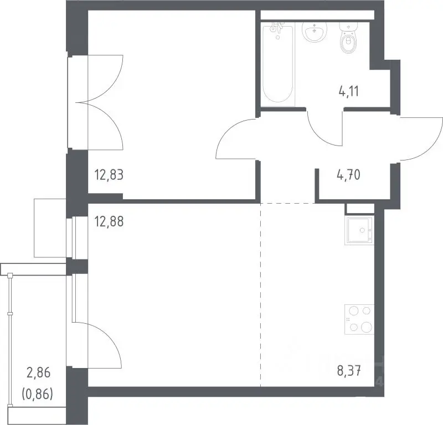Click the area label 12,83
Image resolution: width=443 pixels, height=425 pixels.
[x=109, y=175]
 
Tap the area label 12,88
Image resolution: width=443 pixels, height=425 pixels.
[x=109, y=221]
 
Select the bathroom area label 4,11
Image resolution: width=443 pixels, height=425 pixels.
[x=349, y=91]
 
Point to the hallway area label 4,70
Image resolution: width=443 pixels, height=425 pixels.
[x=349, y=175]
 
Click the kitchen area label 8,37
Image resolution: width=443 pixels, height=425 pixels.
[x=349, y=371]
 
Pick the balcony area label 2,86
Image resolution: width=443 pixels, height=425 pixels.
[x=38, y=373]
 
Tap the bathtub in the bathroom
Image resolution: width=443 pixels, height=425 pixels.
[x=278, y=64]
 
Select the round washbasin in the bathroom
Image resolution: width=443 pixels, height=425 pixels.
[x=315, y=32]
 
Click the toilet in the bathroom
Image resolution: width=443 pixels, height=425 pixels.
[x=348, y=38]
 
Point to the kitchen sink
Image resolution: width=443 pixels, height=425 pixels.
[x=359, y=230]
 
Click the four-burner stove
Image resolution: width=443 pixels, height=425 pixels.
[x=359, y=319]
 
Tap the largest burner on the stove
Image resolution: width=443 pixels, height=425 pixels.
[x=366, y=327]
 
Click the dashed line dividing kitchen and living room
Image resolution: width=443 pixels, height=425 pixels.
[x=260, y=294]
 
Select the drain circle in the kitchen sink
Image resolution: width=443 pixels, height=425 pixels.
[x=362, y=230]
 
